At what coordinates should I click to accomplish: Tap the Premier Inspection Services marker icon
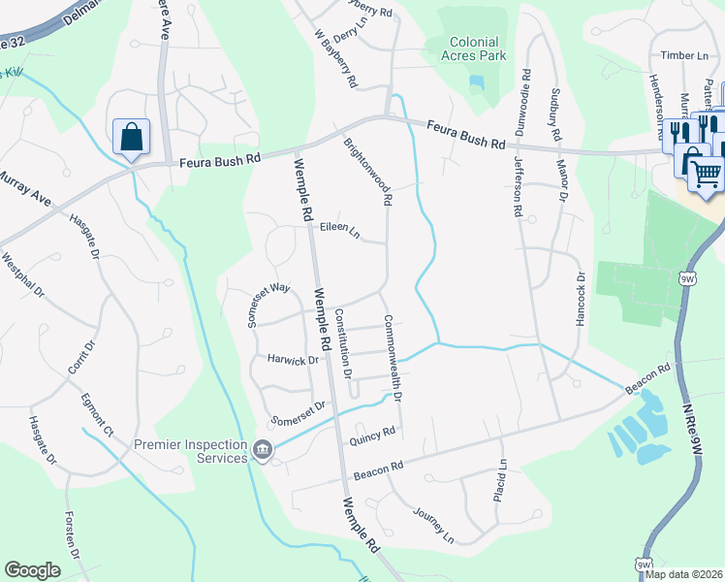[262, 450]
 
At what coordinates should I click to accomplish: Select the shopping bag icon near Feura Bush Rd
[130, 138]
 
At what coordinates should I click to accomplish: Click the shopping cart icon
[707, 174]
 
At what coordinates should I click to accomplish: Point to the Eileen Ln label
[339, 231]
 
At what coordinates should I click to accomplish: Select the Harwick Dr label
[293, 360]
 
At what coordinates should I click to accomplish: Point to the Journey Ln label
[432, 523]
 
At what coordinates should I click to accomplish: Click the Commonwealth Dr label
[392, 359]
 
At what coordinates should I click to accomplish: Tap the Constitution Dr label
[342, 342]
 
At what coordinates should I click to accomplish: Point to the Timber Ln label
[684, 56]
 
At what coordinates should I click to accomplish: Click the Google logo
[32, 570]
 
